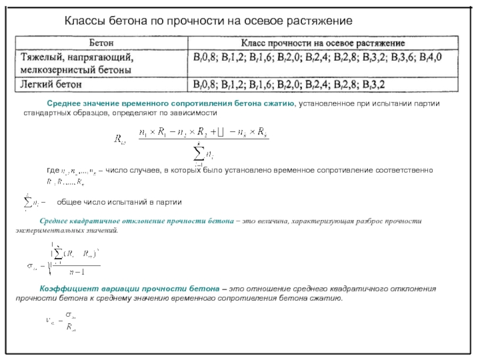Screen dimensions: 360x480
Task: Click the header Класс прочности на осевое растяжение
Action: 323,44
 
